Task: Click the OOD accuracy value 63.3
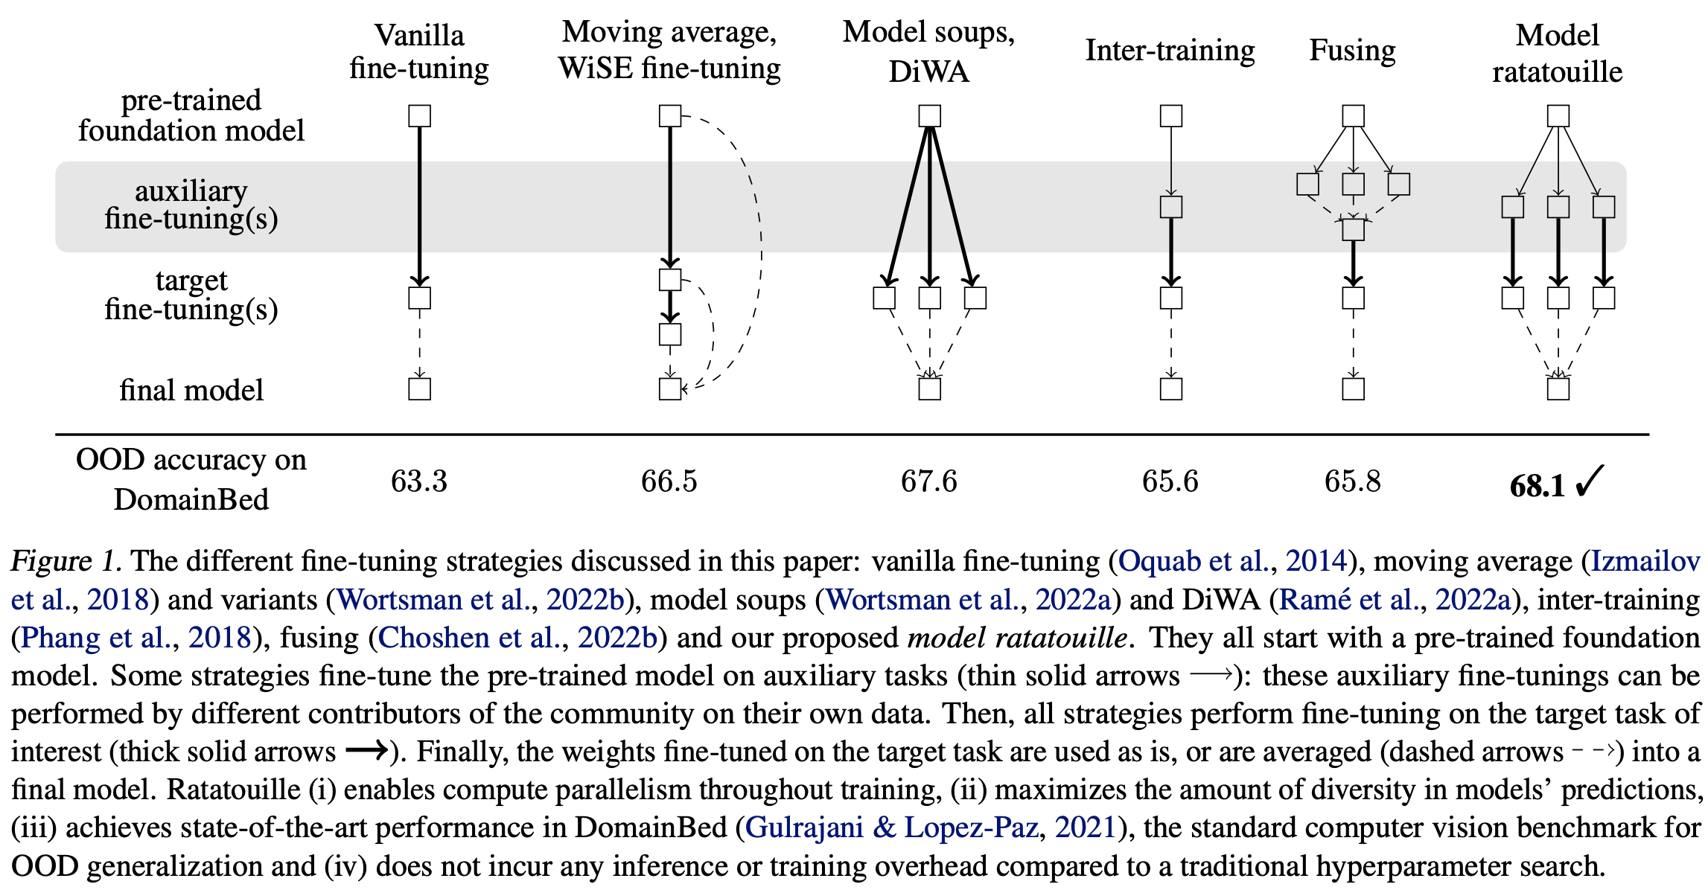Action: tap(419, 481)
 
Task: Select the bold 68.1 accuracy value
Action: tap(1537, 486)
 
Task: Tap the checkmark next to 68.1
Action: tap(1589, 481)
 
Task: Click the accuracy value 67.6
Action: tap(928, 481)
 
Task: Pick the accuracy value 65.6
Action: tap(1170, 481)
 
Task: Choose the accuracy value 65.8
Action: tap(1352, 481)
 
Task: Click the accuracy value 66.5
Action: tap(669, 481)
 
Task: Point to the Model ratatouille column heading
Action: tap(1557, 54)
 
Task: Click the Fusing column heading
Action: tap(1352, 51)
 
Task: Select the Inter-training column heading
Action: tap(1170, 51)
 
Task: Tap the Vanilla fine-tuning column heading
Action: tap(419, 52)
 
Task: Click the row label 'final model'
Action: tap(191, 390)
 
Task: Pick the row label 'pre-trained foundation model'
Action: tap(191, 115)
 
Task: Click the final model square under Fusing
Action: tap(1353, 389)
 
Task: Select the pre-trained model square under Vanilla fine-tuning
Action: tap(420, 116)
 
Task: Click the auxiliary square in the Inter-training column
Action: tap(1171, 207)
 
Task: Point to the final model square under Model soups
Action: tap(929, 389)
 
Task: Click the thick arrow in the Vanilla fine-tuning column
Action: tap(420, 205)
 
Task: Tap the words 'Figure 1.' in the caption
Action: tap(66, 561)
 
